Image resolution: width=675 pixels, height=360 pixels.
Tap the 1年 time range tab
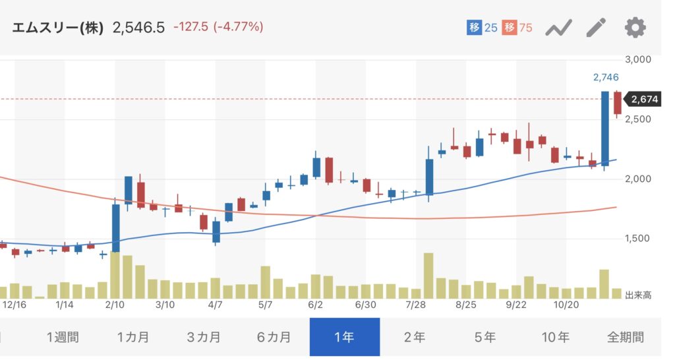pyautogui.click(x=344, y=337)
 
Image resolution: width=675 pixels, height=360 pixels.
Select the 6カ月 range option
pyautogui.click(x=274, y=337)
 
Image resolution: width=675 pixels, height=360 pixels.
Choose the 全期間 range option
pyautogui.click(x=626, y=337)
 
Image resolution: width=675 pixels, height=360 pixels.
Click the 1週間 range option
pyautogui.click(x=63, y=337)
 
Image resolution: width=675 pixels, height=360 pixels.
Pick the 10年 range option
pyautogui.click(x=555, y=337)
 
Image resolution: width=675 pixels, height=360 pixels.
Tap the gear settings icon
pyautogui.click(x=635, y=28)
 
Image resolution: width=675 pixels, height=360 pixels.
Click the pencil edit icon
pyautogui.click(x=596, y=28)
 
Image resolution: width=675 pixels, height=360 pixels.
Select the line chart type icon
pyautogui.click(x=558, y=28)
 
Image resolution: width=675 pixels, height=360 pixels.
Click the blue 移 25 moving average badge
pyautogui.click(x=482, y=28)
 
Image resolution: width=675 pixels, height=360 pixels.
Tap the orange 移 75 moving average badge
pyautogui.click(x=517, y=28)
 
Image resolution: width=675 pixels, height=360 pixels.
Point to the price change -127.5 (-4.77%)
pyautogui.click(x=218, y=28)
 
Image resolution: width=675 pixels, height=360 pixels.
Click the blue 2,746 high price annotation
pyautogui.click(x=606, y=78)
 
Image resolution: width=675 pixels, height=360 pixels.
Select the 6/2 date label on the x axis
pyautogui.click(x=315, y=305)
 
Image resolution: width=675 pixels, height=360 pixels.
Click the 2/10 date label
pyautogui.click(x=115, y=305)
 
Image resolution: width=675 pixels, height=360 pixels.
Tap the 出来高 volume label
pyautogui.click(x=638, y=295)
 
